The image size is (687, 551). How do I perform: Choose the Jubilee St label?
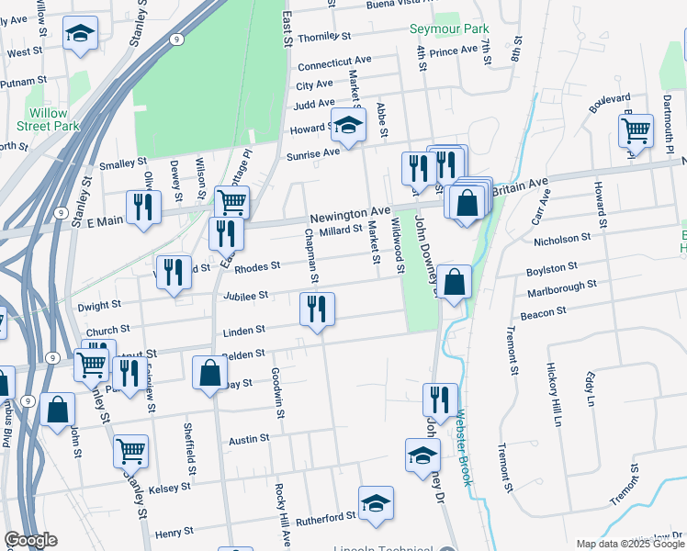coord(244,296)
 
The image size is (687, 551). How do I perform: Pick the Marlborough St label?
coord(562,288)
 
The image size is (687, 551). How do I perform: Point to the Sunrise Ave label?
coord(312,152)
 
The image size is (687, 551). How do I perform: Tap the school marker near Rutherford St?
coord(376,502)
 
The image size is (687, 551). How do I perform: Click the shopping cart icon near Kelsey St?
coord(131,451)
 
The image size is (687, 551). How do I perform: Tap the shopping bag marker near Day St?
coord(210,372)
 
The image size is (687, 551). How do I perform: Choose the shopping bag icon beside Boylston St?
coord(455,282)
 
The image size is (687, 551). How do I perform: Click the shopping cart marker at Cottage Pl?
coord(232,200)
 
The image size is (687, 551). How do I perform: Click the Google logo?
coord(30,540)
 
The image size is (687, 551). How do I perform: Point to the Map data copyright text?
coord(629,544)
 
